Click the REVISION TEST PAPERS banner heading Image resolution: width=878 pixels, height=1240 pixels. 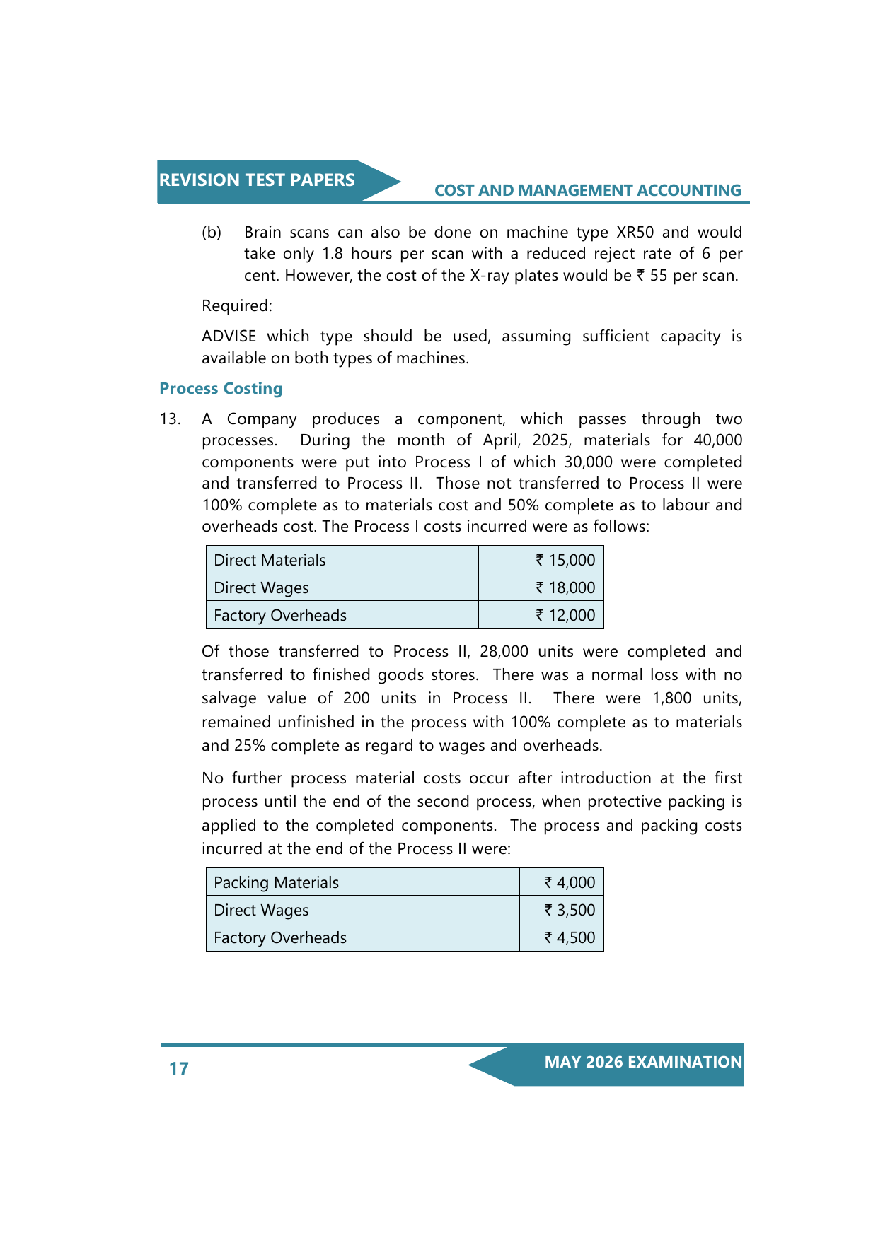click(x=257, y=180)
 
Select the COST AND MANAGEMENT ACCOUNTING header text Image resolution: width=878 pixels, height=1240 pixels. click(x=587, y=190)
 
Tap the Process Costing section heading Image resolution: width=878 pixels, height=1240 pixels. click(x=221, y=388)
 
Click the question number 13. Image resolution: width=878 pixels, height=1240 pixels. click(x=170, y=419)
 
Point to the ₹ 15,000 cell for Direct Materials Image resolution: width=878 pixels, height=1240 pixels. click(x=565, y=560)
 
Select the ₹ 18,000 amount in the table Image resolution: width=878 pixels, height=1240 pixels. click(x=565, y=587)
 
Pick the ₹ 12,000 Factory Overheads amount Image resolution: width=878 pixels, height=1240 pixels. click(x=565, y=615)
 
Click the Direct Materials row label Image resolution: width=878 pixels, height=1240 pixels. click(x=270, y=560)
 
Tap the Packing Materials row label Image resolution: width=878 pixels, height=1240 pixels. click(x=276, y=882)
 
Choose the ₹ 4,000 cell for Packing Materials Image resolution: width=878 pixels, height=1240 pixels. click(x=570, y=882)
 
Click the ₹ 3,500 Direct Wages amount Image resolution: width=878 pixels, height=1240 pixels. click(x=570, y=910)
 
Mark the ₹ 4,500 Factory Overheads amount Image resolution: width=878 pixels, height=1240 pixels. click(x=570, y=937)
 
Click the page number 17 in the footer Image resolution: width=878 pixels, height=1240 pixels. click(x=179, y=1068)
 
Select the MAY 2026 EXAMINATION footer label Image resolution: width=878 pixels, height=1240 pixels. click(x=643, y=1062)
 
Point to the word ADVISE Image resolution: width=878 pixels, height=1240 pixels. click(x=229, y=337)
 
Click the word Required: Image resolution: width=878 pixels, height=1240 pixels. click(x=236, y=305)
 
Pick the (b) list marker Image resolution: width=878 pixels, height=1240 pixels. click(x=212, y=233)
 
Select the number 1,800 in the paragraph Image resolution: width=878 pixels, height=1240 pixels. click(x=671, y=698)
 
